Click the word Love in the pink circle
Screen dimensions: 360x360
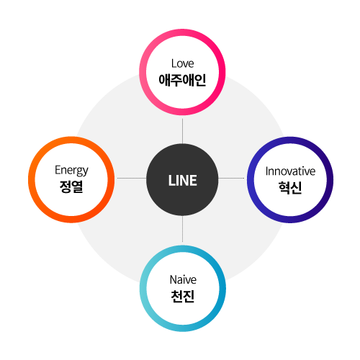[183, 63]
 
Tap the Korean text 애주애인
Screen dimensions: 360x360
[182, 80]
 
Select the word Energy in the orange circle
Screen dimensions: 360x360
[71, 171]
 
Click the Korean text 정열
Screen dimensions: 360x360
[71, 186]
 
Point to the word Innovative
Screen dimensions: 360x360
[290, 171]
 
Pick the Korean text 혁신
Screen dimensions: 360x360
[290, 187]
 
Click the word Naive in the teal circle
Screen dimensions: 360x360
[183, 280]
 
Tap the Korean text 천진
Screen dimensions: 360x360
[183, 296]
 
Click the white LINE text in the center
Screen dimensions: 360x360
[183, 181]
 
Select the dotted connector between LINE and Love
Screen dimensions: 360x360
[182, 131]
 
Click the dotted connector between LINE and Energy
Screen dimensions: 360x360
[132, 178]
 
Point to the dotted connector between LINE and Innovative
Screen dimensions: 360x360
[231, 178]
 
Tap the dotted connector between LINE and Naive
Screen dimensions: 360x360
[182, 229]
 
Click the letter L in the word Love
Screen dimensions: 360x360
[174, 63]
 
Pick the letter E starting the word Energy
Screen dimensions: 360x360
[58, 170]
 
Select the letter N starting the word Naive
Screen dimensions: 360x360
[173, 280]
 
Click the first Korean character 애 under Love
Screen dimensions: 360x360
[164, 80]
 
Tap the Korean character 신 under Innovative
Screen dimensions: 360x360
[296, 187]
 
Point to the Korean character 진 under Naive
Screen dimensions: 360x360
[189, 296]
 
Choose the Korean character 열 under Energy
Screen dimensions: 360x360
[77, 186]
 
